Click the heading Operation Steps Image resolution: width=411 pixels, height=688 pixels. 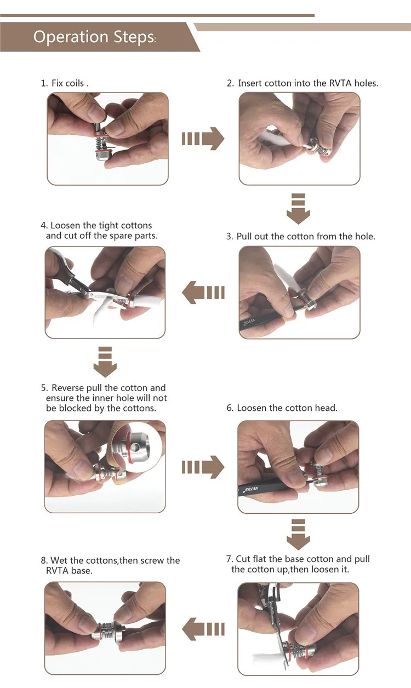click(x=94, y=37)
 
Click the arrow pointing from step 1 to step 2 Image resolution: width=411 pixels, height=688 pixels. click(x=203, y=139)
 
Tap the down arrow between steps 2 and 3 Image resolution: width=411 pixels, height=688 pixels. click(x=298, y=209)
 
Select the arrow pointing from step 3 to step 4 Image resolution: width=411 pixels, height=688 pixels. click(x=203, y=293)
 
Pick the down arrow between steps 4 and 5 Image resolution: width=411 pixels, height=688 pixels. click(x=105, y=362)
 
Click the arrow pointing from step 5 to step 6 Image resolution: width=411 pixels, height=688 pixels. click(x=203, y=467)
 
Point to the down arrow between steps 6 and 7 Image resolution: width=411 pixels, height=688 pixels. click(x=298, y=535)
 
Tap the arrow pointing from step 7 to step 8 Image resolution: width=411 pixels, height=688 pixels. click(x=203, y=629)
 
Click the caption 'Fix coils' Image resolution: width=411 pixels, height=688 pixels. click(x=67, y=83)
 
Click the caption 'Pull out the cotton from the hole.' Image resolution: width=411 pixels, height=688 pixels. click(x=306, y=237)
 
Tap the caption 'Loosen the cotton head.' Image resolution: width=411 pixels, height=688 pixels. click(x=287, y=408)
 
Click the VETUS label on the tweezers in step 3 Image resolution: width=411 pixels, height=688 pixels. click(x=249, y=323)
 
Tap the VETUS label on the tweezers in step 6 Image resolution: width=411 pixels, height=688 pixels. click(x=252, y=489)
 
